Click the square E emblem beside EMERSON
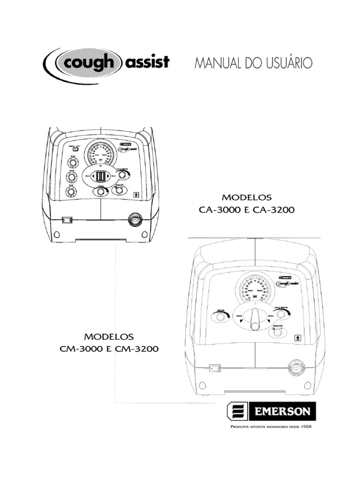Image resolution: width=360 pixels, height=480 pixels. pos(236,412)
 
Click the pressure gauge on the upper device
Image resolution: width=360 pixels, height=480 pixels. pos(100,153)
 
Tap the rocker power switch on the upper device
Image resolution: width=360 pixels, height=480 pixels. pos(67,219)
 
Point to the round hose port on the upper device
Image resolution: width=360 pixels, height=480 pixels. pos(136,218)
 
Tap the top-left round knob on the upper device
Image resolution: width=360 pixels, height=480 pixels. pos(72,163)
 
